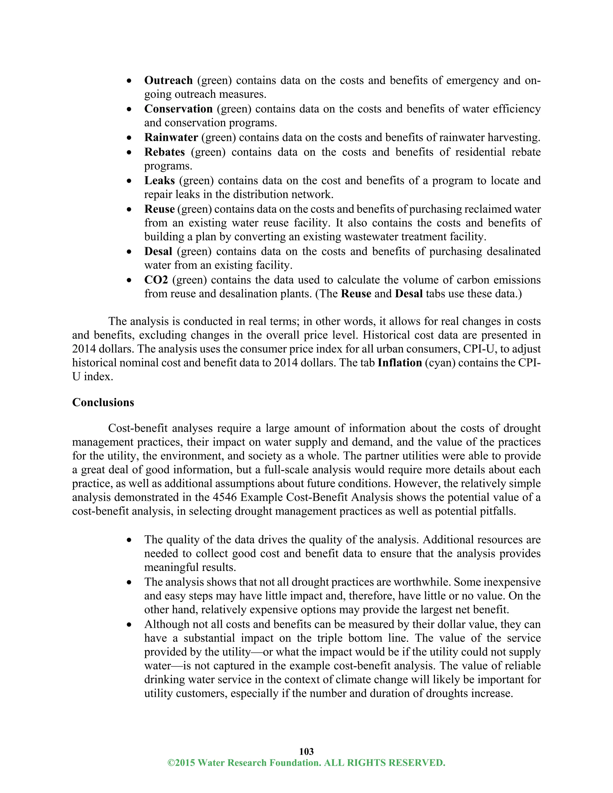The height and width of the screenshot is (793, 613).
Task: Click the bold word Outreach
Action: [168, 80]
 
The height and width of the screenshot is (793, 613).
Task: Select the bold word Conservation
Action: [178, 109]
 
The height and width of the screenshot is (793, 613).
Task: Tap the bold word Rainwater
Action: [171, 138]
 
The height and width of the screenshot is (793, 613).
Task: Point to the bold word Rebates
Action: [165, 152]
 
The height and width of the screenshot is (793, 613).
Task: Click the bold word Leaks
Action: [160, 180]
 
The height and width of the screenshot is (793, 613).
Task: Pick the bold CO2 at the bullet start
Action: [156, 280]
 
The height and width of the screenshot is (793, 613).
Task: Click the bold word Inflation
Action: [400, 363]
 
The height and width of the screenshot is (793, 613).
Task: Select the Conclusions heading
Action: [103, 402]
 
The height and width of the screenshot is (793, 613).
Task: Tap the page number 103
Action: [306, 751]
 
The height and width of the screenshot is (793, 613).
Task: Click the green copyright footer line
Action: [306, 763]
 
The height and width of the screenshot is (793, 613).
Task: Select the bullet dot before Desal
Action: [129, 252]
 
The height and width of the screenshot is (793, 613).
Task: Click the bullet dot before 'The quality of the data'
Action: [129, 540]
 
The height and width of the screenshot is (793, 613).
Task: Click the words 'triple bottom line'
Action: [363, 638]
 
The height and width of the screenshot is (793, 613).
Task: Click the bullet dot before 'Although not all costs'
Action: [129, 625]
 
